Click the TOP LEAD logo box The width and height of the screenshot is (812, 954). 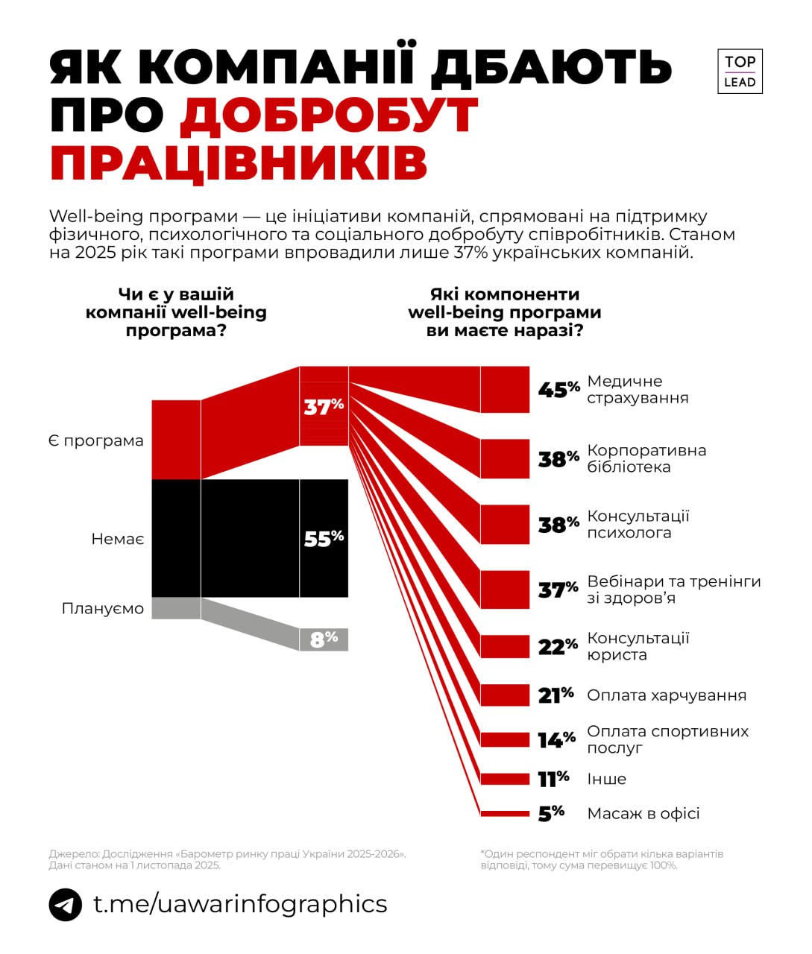[740, 72]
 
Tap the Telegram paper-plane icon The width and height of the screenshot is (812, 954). [66, 905]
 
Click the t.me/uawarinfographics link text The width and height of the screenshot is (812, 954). [240, 903]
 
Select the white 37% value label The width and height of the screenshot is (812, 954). [324, 406]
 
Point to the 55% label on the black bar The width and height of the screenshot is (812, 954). [324, 538]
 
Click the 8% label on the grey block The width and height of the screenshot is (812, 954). [324, 639]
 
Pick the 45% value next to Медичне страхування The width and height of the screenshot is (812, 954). [558, 390]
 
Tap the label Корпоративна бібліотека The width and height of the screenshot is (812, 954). [646, 459]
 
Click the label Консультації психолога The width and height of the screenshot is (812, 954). [638, 525]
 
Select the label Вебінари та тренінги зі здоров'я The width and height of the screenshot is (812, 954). [673, 590]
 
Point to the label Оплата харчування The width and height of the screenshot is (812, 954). [666, 695]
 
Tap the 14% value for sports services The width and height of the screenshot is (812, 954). [556, 739]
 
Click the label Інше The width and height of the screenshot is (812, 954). [606, 779]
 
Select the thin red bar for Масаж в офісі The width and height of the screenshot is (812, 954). [505, 813]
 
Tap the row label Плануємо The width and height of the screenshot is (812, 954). [103, 609]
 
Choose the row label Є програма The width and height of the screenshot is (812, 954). [95, 440]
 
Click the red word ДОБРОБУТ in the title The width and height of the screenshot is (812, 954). [328, 116]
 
